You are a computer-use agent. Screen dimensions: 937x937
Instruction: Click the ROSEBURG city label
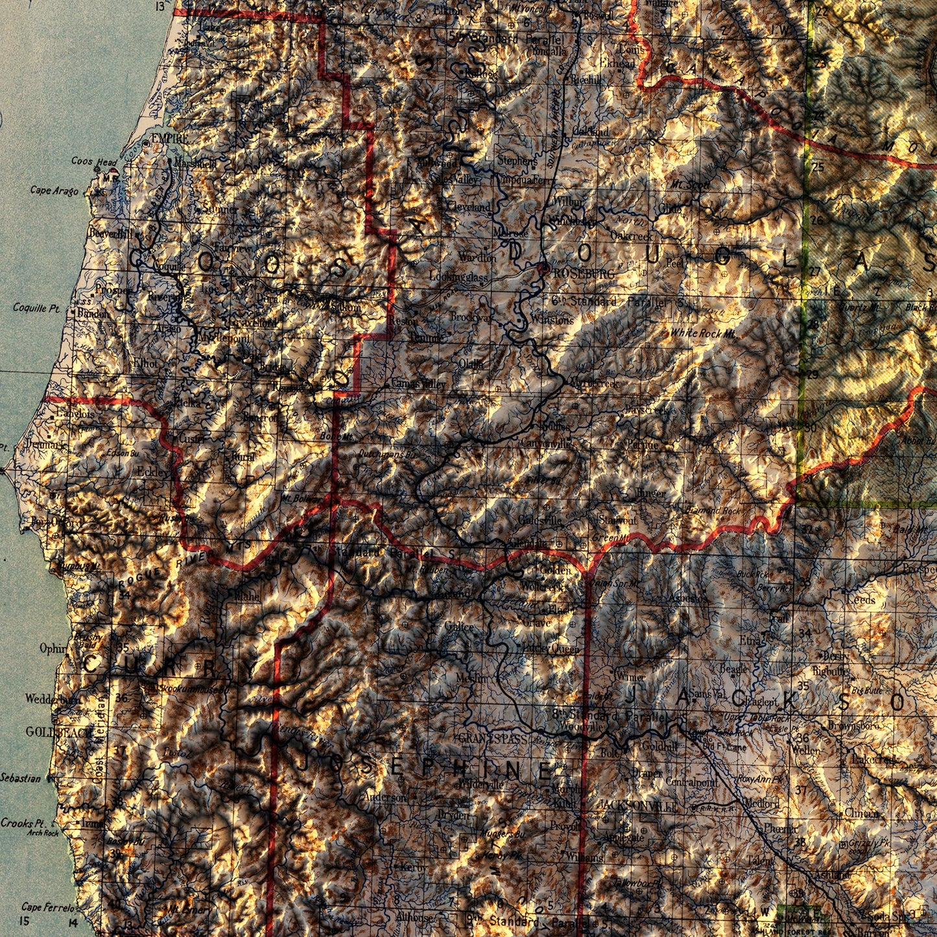(582, 274)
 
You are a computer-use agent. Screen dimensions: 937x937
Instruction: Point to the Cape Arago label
(54, 191)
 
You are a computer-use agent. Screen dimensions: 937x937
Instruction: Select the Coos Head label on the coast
(94, 161)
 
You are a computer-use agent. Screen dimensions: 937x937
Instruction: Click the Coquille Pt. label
(36, 308)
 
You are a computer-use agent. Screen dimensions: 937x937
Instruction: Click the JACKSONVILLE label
(639, 805)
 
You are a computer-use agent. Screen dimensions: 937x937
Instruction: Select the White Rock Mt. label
(703, 333)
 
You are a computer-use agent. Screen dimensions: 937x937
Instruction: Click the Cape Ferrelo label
(48, 907)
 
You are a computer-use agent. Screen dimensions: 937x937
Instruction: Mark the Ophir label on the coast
(53, 648)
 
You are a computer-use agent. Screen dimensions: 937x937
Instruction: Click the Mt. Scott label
(690, 185)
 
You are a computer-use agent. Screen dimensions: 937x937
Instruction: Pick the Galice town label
(460, 626)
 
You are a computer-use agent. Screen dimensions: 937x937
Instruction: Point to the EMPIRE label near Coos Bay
(170, 139)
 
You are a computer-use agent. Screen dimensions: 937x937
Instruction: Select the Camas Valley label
(418, 385)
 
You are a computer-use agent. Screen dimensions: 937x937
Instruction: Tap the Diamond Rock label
(713, 511)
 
